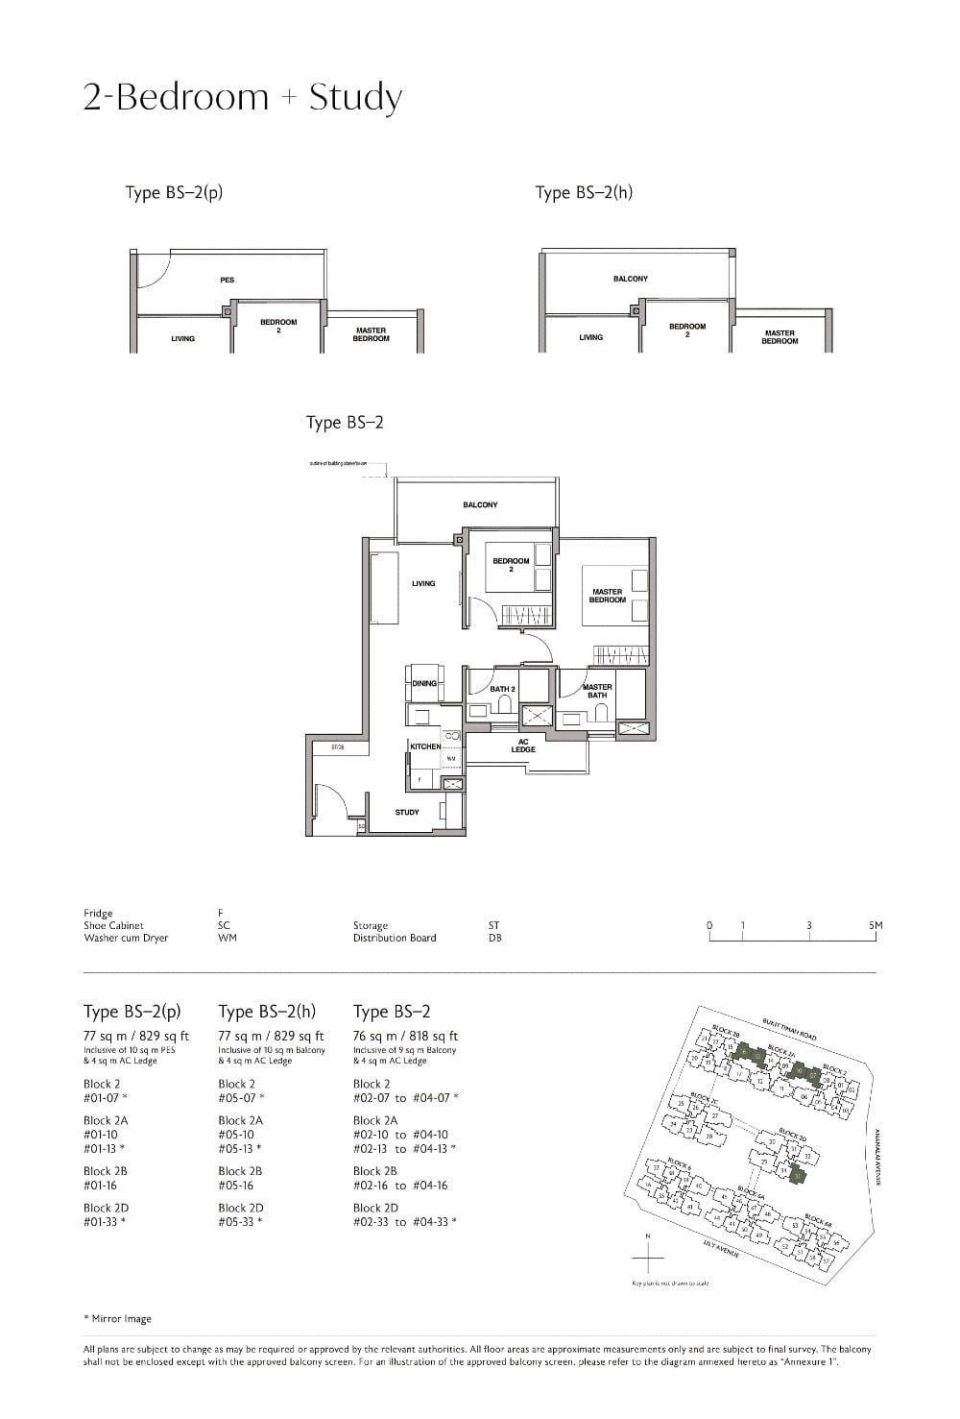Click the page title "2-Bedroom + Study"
pos(242,98)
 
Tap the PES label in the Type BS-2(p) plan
pos(227,280)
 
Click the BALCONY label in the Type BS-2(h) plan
pos(630,279)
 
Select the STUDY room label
pos(407,812)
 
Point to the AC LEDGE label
pos(523,746)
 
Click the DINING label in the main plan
pos(424,683)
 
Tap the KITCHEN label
pos(425,746)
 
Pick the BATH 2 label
pos(503,689)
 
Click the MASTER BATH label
pos(597,691)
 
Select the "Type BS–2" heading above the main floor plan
pos(345,423)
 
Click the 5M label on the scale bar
pos(875,925)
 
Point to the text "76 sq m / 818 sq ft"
pos(405,1036)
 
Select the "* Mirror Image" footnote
pos(117,1318)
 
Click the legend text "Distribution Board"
pos(394,938)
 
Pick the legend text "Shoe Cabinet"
pos(113,925)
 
